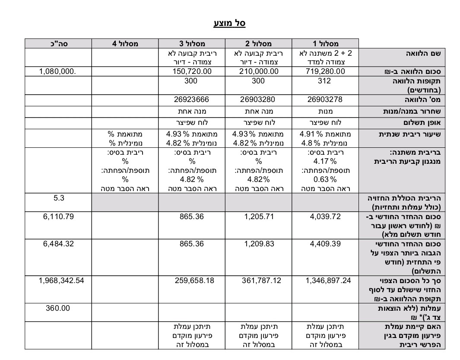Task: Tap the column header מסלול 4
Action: [x=125, y=44]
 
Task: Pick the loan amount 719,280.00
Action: [x=325, y=71]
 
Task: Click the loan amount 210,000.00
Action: [x=258, y=71]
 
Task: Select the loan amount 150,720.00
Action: [x=191, y=71]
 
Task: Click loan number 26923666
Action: [x=191, y=99]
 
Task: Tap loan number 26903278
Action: [x=325, y=99]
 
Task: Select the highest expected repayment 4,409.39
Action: [x=325, y=244]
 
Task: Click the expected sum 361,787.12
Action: [x=258, y=280]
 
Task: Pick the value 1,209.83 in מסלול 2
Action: [x=259, y=244]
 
